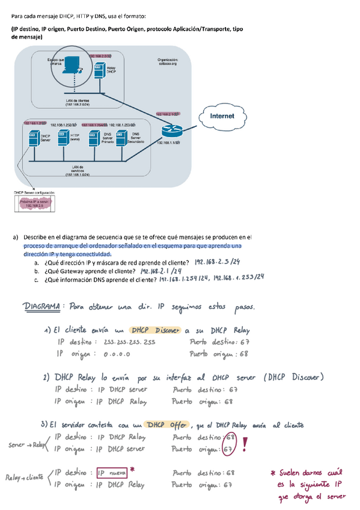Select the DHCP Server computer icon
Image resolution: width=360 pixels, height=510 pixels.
point(34,140)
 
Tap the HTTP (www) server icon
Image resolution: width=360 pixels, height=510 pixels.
point(61,139)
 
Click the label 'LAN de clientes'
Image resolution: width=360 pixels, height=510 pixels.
point(77,102)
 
